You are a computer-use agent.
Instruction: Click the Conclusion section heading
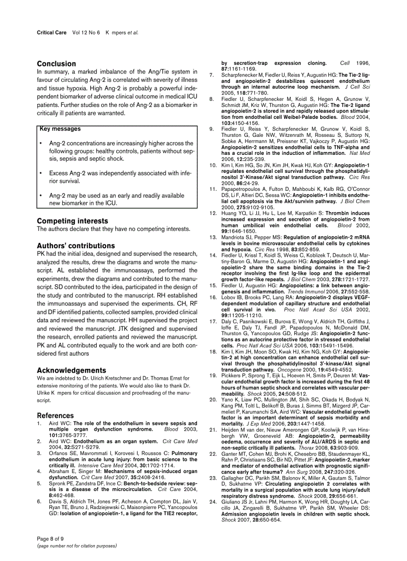coord(56,64)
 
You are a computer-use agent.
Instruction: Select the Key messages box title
coord(60,129)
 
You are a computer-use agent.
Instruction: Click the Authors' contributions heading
coord(76,246)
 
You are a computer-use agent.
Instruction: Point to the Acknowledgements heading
coord(71,370)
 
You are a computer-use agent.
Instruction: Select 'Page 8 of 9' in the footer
coord(50,539)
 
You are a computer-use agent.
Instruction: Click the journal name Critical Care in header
coord(52,32)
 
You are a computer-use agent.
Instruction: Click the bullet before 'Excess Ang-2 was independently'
coord(40,173)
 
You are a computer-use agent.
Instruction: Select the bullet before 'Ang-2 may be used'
coord(40,196)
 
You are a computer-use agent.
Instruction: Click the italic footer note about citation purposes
coord(77,546)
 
